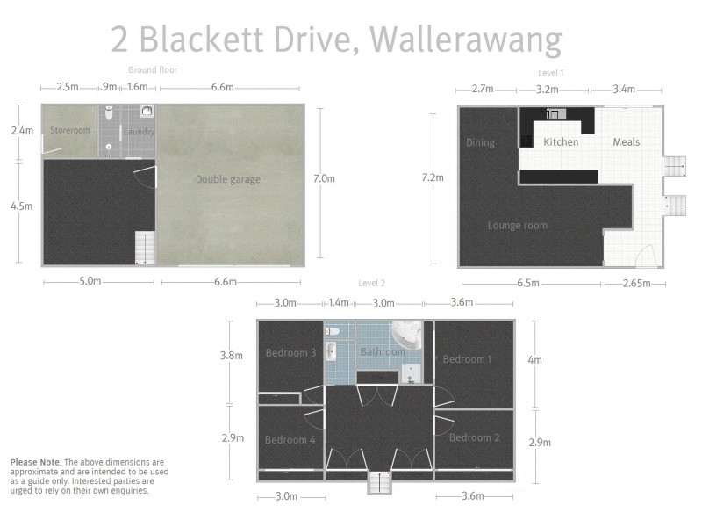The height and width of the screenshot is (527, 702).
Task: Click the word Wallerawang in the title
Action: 465,40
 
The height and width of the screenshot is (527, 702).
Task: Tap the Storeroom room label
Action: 69,131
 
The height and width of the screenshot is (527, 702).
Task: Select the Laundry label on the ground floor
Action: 140,132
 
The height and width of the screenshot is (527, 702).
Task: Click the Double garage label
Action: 227,180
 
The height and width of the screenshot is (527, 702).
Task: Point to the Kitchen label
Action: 561,142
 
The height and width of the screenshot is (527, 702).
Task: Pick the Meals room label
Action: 626,142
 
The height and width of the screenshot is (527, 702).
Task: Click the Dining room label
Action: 480,143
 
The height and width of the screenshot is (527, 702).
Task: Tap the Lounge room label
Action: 517,226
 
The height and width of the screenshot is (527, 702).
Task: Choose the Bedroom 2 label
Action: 474,437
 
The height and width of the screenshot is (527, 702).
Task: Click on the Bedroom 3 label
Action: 290,353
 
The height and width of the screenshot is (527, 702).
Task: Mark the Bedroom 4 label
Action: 290,440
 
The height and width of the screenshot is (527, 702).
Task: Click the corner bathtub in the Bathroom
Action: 406,335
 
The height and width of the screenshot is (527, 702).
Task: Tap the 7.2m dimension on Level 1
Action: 433,177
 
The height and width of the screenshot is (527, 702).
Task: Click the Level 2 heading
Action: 371,283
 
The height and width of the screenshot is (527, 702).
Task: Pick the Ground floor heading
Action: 153,69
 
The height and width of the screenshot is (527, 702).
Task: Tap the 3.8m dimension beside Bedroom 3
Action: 230,357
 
